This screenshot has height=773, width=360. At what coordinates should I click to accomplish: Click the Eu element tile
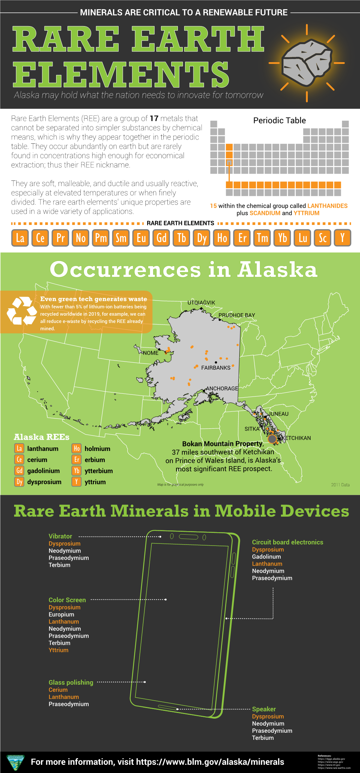(x=141, y=238)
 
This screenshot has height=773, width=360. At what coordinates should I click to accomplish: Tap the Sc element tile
(x=323, y=238)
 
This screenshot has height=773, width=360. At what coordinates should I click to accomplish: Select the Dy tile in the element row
(x=202, y=238)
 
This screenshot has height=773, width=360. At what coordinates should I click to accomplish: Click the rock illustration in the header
(x=306, y=63)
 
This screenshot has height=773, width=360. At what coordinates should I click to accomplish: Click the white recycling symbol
(x=22, y=311)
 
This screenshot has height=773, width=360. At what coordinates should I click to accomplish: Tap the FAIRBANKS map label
(x=216, y=368)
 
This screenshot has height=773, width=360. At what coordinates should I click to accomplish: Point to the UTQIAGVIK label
(x=201, y=303)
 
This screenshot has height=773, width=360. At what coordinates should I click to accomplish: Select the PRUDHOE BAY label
(x=236, y=315)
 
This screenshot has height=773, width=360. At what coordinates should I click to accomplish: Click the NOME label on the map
(x=151, y=353)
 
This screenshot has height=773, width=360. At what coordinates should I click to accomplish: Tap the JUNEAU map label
(x=278, y=414)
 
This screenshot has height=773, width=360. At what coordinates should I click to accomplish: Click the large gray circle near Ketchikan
(x=272, y=439)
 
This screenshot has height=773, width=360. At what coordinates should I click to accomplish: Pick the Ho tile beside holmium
(x=77, y=448)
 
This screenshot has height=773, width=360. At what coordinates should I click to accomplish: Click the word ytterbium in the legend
(x=99, y=471)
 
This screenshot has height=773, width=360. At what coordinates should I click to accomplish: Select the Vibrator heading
(x=60, y=536)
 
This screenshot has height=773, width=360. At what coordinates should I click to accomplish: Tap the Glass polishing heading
(x=71, y=682)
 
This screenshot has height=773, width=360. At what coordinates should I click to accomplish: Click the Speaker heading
(x=264, y=709)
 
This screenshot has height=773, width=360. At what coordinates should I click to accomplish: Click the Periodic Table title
(x=280, y=120)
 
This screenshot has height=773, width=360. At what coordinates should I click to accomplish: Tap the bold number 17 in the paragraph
(x=154, y=118)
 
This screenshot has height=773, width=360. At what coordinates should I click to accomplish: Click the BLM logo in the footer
(x=15, y=762)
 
